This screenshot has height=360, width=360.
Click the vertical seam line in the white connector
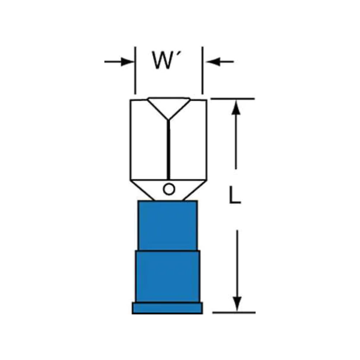pos(169,150)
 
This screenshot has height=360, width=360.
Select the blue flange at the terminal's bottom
pos(167,308)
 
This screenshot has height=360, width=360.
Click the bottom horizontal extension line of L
pos(234,313)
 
